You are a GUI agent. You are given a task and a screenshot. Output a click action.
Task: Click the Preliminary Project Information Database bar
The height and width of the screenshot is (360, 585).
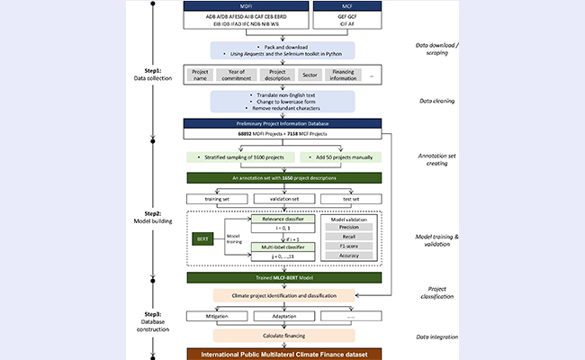coord(285,123)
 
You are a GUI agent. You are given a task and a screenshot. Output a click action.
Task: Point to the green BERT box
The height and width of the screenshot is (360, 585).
coord(202,238)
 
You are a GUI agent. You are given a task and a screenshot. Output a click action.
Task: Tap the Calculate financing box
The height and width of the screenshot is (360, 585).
coord(285,335)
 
